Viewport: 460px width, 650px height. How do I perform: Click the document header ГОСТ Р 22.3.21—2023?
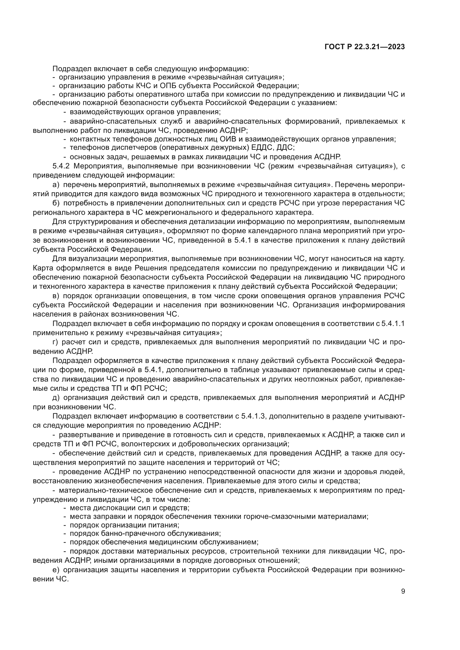(365, 47)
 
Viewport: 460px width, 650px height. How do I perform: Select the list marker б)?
(56, 203)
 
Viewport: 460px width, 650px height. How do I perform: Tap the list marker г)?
(56, 342)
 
